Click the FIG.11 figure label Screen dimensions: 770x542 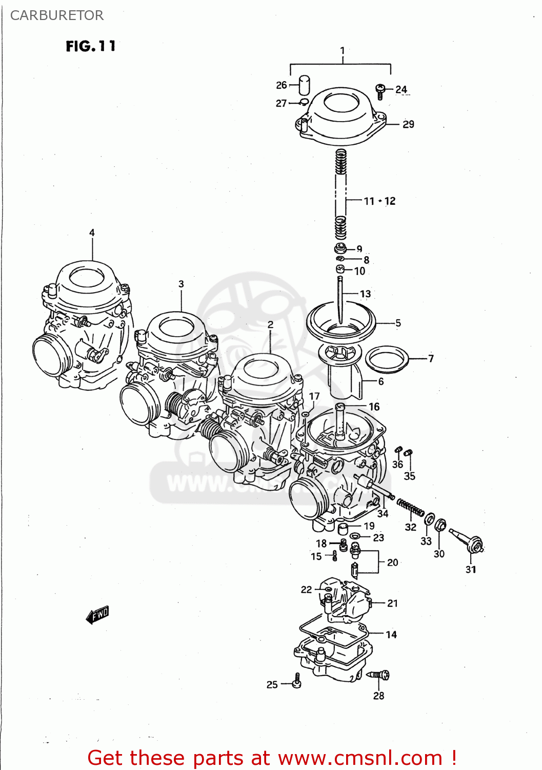pyautogui.click(x=91, y=47)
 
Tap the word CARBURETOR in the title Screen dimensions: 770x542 pyautogui.click(x=57, y=15)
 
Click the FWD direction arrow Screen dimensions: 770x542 pyautogui.click(x=97, y=614)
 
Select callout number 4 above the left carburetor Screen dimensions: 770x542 pyautogui.click(x=92, y=233)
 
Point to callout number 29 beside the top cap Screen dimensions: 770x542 pyautogui.click(x=408, y=124)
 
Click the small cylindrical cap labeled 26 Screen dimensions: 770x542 pyautogui.click(x=305, y=85)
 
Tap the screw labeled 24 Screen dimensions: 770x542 pyautogui.click(x=380, y=91)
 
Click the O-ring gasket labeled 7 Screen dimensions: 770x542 pyautogui.click(x=387, y=359)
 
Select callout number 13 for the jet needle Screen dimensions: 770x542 pyautogui.click(x=365, y=294)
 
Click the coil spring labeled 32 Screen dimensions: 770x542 pyautogui.click(x=411, y=508)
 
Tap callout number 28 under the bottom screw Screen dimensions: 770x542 pyautogui.click(x=378, y=696)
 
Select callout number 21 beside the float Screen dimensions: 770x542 pyautogui.click(x=392, y=603)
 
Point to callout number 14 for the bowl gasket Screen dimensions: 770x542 pyautogui.click(x=391, y=634)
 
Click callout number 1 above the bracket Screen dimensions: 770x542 pyautogui.click(x=343, y=51)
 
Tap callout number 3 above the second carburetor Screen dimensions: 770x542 pyautogui.click(x=181, y=284)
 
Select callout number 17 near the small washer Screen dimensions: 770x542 pyautogui.click(x=314, y=396)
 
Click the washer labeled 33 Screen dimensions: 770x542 pyautogui.click(x=430, y=520)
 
